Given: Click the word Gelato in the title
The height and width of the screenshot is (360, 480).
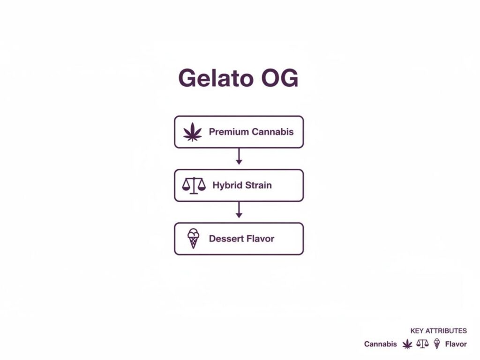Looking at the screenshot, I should [x=212, y=78].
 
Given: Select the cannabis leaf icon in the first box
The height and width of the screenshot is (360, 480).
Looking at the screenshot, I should [x=192, y=132].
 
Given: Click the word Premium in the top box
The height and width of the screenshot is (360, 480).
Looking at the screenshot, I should [x=229, y=132].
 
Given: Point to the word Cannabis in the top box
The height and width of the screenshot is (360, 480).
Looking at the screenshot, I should [x=272, y=132].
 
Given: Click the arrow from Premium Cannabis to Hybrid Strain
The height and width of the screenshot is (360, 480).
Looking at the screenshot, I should [x=239, y=157].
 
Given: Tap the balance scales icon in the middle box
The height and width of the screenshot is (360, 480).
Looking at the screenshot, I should [x=194, y=185].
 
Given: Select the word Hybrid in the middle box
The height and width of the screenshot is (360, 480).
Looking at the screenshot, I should [x=227, y=185].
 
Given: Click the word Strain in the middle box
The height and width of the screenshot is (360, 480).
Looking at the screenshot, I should [x=258, y=185].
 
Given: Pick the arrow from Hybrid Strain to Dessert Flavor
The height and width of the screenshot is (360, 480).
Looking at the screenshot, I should [x=239, y=210].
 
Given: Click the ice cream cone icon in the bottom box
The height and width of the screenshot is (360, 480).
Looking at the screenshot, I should [x=193, y=239].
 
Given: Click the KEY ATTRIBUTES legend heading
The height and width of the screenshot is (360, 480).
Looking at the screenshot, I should [x=438, y=331].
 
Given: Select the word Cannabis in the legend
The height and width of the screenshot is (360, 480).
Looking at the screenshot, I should [x=381, y=344].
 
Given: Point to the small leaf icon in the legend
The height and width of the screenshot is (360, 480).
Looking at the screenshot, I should [x=407, y=344].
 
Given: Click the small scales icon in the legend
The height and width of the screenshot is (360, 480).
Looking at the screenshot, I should [x=422, y=344].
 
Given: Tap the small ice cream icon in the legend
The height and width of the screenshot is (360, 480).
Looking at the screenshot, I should [x=437, y=344].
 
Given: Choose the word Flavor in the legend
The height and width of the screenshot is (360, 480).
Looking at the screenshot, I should [x=456, y=344].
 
